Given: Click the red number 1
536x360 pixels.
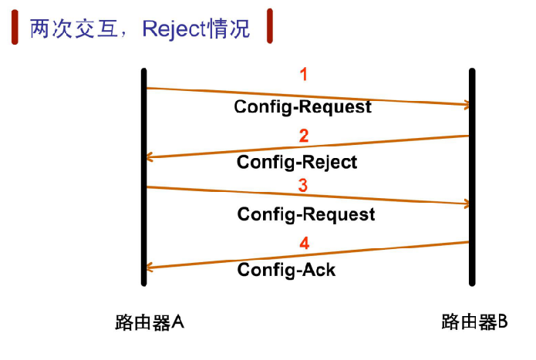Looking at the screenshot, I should pyautogui.click(x=303, y=75).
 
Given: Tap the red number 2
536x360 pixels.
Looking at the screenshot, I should pyautogui.click(x=303, y=136).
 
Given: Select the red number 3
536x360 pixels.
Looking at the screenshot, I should pyautogui.click(x=303, y=186).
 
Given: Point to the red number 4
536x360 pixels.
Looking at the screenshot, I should pyautogui.click(x=304, y=244).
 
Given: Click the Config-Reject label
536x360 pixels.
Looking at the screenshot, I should pyautogui.click(x=297, y=162).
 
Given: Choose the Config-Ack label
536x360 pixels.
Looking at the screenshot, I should pyautogui.click(x=286, y=270).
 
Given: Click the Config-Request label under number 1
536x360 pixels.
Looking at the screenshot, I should pyautogui.click(x=302, y=106).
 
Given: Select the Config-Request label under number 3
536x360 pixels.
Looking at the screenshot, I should pyautogui.click(x=306, y=214).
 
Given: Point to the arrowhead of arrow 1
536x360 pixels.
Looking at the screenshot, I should pyautogui.click(x=464, y=104).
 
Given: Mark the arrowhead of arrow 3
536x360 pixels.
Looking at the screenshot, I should pyautogui.click(x=464, y=204).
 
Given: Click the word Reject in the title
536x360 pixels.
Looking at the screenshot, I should pyautogui.click(x=180, y=29).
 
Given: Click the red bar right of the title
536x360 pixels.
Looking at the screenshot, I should pyautogui.click(x=269, y=25).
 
